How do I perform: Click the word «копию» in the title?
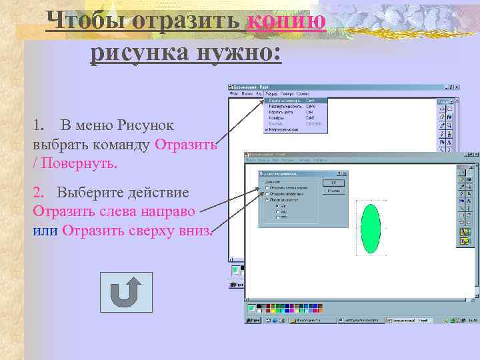click(286, 21)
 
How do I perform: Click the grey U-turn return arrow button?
click(125, 292)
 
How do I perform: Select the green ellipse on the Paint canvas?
click(370, 228)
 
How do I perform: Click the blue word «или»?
click(45, 230)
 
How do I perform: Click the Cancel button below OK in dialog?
click(333, 191)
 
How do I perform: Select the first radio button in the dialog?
click(267, 188)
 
